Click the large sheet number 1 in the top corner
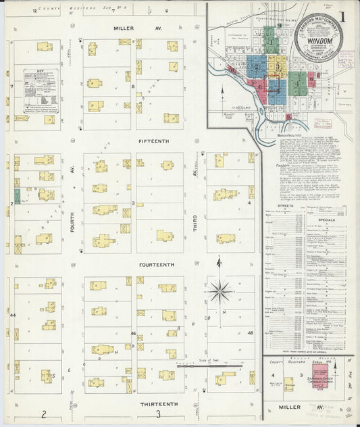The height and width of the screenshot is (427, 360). coord(344,16)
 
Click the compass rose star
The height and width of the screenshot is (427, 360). coord(220,293)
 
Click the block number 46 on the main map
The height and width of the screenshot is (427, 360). coord(133,333)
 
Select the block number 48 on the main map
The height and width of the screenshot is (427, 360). coord(250,333)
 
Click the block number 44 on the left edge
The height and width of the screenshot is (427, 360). coord(13,315)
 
